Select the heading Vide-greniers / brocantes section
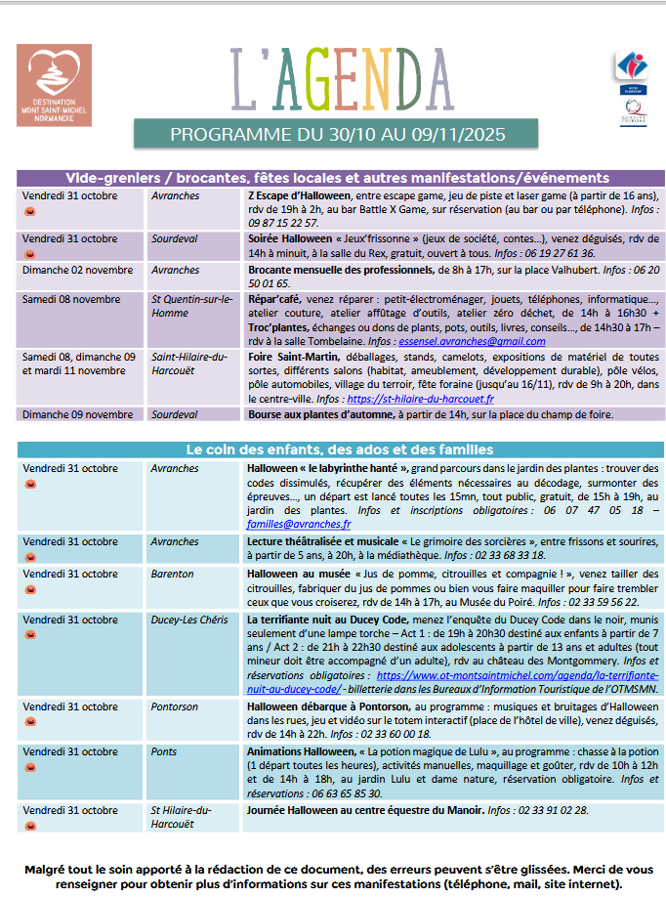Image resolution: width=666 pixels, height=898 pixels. pos(337,178)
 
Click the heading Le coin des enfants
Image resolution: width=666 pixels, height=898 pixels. pos(337,449)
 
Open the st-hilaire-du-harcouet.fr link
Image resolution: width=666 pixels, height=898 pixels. pos(402,400)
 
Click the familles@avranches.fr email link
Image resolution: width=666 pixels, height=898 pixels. pos(299,524)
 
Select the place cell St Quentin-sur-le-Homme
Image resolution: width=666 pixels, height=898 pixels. pos(192,306)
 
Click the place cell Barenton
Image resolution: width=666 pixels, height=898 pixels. pos(172,574)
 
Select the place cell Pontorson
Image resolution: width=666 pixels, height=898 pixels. pos(175,706)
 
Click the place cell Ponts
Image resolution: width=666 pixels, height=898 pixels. pos(164,751)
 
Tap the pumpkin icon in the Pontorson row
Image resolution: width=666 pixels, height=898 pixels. pos(28,721)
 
